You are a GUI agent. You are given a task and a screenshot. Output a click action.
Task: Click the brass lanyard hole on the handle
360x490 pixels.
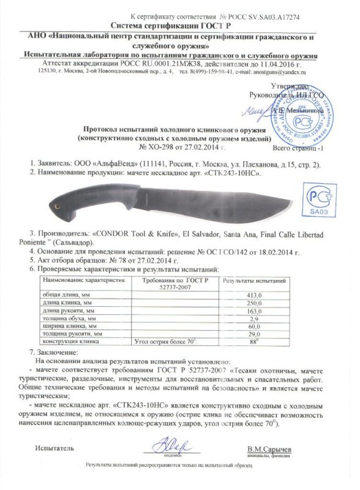58,206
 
